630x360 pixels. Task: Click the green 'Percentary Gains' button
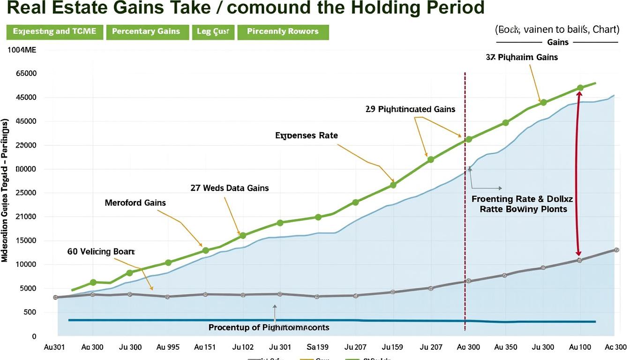tap(146, 31)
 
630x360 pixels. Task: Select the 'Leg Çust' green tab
tap(213, 31)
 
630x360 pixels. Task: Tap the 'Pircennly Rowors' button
tap(283, 31)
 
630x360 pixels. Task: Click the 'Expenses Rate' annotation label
tap(306, 135)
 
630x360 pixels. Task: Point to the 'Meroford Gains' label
tap(135, 203)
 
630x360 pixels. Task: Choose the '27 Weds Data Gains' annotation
tap(230, 188)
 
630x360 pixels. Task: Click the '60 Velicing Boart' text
tap(101, 252)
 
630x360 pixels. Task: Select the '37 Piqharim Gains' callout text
tap(522, 57)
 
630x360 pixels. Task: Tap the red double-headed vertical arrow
tap(578, 173)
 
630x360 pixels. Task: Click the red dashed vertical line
tap(465, 234)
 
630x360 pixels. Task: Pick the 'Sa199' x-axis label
tap(317, 347)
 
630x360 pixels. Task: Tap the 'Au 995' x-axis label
tap(168, 347)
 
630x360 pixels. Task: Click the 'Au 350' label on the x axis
tap(505, 347)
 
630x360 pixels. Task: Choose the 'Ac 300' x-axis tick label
tap(615, 347)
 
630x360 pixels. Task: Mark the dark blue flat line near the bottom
tap(328, 321)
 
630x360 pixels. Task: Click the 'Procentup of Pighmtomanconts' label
tap(269, 327)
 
